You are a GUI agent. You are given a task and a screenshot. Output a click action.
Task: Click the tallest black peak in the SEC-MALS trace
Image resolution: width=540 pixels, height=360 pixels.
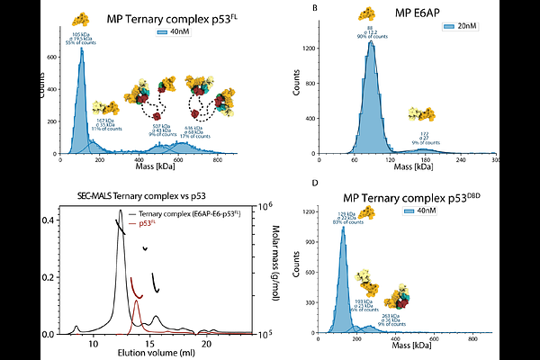[120, 212]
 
